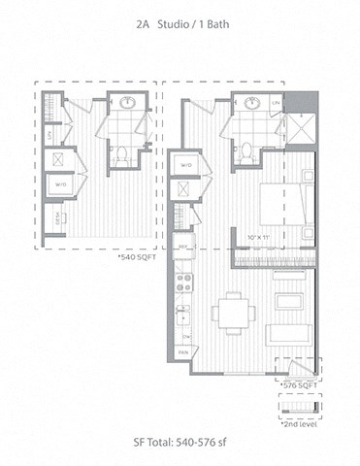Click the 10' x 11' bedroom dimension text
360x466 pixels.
tap(260, 235)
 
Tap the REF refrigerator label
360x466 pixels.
tap(181, 249)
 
